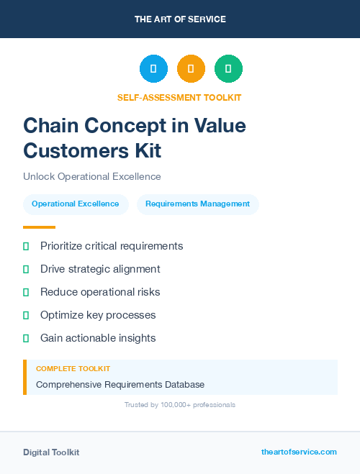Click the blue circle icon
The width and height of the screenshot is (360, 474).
point(153,69)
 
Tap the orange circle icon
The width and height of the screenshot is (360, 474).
point(191,69)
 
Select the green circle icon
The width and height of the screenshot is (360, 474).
point(228,69)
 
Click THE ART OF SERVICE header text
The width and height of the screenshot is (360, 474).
point(180,19)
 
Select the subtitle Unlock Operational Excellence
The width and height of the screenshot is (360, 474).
point(92,176)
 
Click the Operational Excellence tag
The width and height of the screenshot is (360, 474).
point(76,204)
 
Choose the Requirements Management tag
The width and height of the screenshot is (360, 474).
point(197,204)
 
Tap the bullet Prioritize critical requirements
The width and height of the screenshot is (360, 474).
point(112,246)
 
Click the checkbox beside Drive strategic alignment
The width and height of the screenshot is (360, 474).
point(26,270)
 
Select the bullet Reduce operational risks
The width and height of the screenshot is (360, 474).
point(100,292)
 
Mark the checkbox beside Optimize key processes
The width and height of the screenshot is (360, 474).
point(26,315)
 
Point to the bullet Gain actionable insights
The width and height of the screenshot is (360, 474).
point(98,338)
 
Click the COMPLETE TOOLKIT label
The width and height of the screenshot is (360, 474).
point(73,368)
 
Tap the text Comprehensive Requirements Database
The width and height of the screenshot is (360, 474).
point(120,385)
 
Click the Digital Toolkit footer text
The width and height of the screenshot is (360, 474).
point(51,452)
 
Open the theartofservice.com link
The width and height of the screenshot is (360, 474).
point(299,452)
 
